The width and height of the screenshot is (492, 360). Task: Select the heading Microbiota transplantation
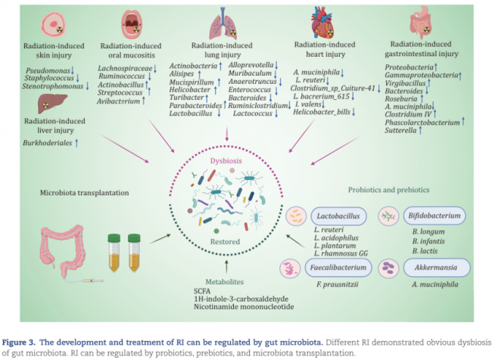coord(73,192)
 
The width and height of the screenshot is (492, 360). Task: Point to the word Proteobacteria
coord(403,67)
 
